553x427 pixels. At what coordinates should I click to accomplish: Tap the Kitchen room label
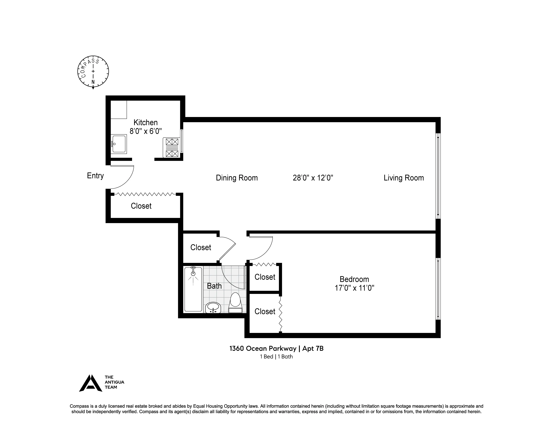(146, 122)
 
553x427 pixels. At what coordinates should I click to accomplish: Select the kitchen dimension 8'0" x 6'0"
(146, 131)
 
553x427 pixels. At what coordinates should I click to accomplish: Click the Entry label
(95, 176)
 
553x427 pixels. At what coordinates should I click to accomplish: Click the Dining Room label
(237, 178)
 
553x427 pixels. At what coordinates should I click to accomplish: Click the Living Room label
(404, 178)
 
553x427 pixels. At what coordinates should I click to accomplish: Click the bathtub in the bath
(193, 289)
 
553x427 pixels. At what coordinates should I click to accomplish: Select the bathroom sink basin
(213, 307)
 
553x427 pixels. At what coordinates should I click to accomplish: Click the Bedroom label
(354, 279)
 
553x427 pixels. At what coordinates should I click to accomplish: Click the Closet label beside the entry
(141, 206)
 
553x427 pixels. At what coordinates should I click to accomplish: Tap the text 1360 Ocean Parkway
(263, 349)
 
